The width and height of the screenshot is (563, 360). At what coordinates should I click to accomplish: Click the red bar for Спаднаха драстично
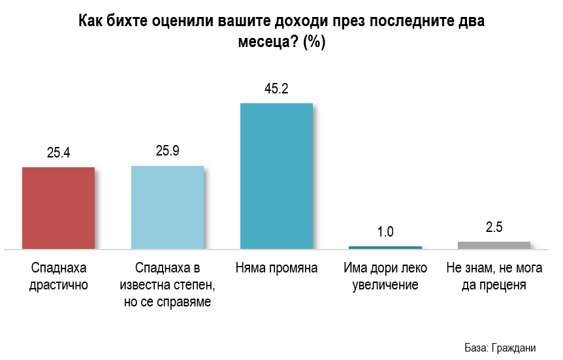[x=59, y=208]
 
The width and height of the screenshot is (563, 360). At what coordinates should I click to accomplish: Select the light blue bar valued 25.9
[x=168, y=207]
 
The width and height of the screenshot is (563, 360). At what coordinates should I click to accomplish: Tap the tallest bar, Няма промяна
[x=277, y=176]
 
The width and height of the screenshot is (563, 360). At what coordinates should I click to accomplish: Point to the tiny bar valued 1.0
[x=385, y=247]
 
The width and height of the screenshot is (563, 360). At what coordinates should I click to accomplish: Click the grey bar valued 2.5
[x=494, y=245]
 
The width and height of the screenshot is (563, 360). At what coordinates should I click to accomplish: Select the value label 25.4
[x=59, y=154]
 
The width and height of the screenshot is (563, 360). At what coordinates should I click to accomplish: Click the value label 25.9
[x=168, y=152]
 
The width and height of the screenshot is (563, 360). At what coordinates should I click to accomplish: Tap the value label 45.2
[x=277, y=89]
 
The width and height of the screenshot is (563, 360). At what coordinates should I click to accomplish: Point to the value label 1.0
[x=385, y=232]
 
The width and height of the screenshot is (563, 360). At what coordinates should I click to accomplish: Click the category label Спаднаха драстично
[x=59, y=276]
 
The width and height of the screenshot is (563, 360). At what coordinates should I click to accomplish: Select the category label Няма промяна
[x=277, y=269]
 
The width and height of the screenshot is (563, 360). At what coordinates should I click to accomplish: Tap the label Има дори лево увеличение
[x=385, y=276]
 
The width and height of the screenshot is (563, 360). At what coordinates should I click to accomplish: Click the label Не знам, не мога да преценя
[x=494, y=276]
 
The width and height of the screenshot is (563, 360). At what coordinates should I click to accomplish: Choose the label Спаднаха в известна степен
[x=168, y=285]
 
